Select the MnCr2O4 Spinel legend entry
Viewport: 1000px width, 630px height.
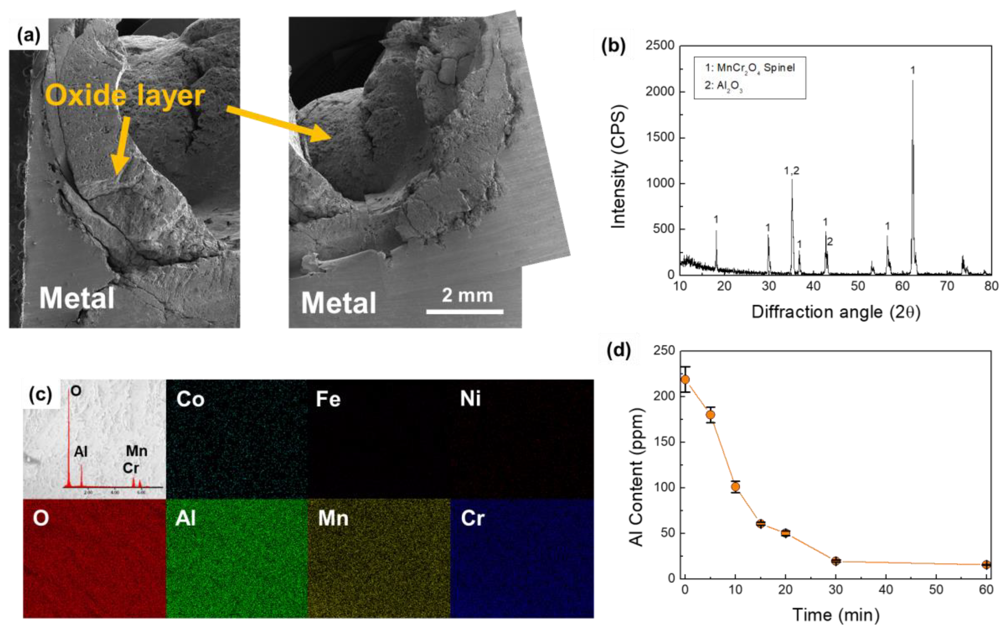[750, 68]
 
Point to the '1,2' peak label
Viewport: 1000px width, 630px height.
[792, 170]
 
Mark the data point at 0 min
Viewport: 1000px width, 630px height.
[685, 380]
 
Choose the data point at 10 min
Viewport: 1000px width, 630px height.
[735, 487]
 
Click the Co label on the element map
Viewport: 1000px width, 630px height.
[190, 399]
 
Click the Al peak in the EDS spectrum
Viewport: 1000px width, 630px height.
[81, 474]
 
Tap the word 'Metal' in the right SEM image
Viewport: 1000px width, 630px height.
[339, 303]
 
